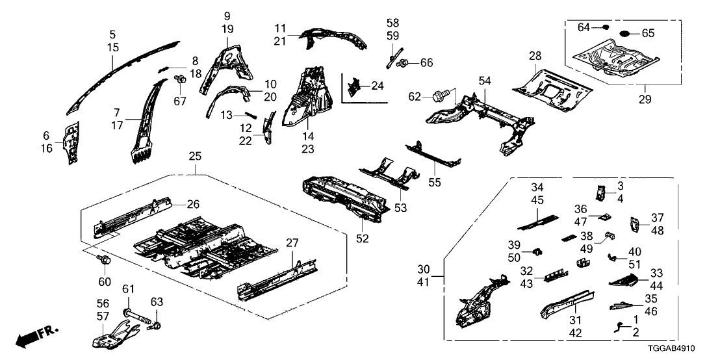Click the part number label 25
click(194, 157)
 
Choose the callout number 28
click(535, 57)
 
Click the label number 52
click(362, 238)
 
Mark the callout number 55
click(435, 183)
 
